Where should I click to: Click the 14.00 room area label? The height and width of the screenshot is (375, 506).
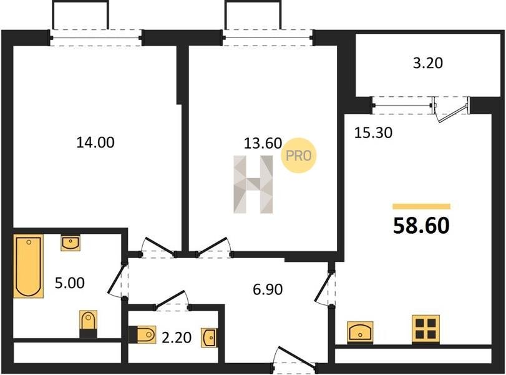tap(95, 142)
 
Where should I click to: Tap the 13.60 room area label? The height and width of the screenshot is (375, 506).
tap(263, 143)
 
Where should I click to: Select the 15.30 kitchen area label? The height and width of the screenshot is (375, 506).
tap(373, 132)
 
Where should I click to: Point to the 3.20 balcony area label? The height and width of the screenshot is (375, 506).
tap(428, 63)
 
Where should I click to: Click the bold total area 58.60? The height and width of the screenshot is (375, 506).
tap(421, 226)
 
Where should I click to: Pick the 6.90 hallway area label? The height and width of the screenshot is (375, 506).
tap(268, 289)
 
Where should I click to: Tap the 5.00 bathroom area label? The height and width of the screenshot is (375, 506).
tap(70, 283)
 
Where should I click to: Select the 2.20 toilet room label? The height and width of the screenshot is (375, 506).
tap(177, 338)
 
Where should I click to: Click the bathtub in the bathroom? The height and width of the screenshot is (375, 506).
tap(29, 266)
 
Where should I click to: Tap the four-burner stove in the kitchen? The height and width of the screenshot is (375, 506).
tap(425, 329)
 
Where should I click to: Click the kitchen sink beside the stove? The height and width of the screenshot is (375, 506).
tap(360, 332)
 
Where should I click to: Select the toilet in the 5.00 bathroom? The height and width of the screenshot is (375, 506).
tap(88, 324)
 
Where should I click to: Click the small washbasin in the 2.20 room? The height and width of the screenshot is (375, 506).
tap(209, 338)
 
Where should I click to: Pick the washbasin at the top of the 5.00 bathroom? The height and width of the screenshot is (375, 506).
tap(71, 243)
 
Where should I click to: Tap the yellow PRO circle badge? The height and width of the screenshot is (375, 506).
tap(299, 156)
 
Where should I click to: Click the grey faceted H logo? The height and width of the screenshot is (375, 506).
tap(253, 184)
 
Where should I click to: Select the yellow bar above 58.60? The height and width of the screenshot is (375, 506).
tap(421, 207)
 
